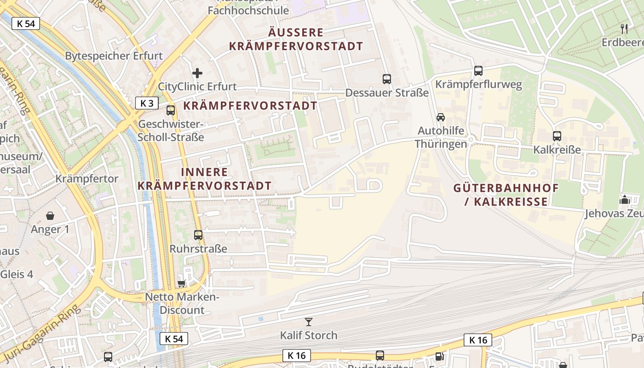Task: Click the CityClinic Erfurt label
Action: (197, 86)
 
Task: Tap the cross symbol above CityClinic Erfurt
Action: (197, 73)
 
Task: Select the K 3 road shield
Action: (147, 103)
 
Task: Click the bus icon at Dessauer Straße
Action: (387, 79)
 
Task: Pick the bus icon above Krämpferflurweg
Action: (478, 71)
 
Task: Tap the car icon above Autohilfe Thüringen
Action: (441, 117)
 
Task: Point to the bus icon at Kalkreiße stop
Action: (557, 136)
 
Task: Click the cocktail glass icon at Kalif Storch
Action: (309, 322)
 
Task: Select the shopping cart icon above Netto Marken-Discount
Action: (182, 283)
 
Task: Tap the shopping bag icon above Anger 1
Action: (50, 215)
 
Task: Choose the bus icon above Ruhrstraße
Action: (198, 235)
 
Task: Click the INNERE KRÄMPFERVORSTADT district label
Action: (205, 179)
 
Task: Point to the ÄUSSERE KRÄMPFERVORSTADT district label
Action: (296, 40)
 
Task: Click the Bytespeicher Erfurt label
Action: (114, 56)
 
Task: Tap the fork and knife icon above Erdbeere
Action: (624, 29)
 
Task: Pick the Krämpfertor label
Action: (87, 178)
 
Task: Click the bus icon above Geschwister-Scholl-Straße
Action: (171, 110)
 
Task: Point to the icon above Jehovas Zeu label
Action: (624, 200)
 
